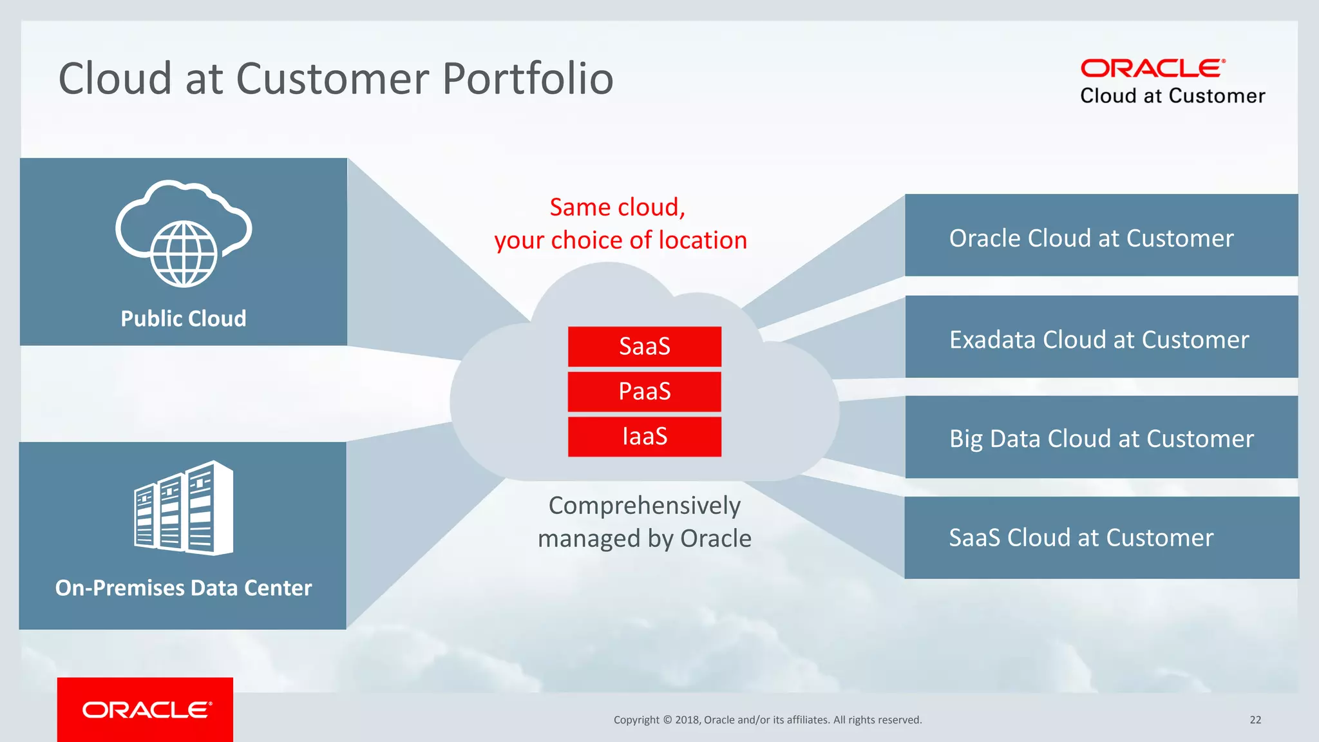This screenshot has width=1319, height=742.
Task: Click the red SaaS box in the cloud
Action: point(644,347)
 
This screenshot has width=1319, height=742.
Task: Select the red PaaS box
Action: point(644,392)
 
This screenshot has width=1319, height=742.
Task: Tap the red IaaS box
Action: point(644,437)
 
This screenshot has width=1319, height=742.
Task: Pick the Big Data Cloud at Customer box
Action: point(1101,437)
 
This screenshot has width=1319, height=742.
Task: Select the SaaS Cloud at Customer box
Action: point(1101,538)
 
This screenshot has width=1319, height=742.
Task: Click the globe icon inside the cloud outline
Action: point(184,254)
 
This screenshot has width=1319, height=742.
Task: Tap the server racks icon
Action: point(184,508)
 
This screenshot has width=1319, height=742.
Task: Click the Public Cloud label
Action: point(184,319)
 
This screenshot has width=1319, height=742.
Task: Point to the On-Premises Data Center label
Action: point(184,588)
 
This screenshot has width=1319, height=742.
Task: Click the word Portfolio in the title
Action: point(528,79)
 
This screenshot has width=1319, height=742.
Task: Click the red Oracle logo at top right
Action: point(1152,68)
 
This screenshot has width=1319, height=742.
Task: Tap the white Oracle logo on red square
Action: point(146,710)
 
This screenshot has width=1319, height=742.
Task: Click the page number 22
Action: point(1255,720)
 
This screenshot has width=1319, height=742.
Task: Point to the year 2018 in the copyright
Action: point(687,720)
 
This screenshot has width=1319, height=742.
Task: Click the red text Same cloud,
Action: point(617,207)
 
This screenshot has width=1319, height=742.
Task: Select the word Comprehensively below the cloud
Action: point(644,506)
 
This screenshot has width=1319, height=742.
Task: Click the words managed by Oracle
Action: point(644,538)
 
